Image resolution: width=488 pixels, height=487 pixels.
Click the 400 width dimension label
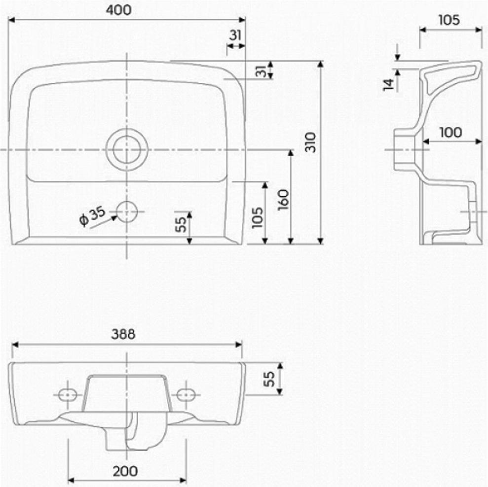[x=118, y=10]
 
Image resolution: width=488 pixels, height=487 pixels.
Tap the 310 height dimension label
[x=310, y=142]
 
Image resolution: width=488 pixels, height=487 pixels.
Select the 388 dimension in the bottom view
[x=123, y=334]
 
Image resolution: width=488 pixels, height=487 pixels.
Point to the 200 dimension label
[x=125, y=471]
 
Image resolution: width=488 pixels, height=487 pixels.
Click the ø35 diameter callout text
[x=92, y=215]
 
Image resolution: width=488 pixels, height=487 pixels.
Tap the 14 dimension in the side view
[x=388, y=85]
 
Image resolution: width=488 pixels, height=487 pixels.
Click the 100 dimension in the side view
[x=450, y=133]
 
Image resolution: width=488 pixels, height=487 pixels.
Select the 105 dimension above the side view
[x=449, y=20]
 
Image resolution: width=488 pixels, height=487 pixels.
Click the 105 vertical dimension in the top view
[x=258, y=218]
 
